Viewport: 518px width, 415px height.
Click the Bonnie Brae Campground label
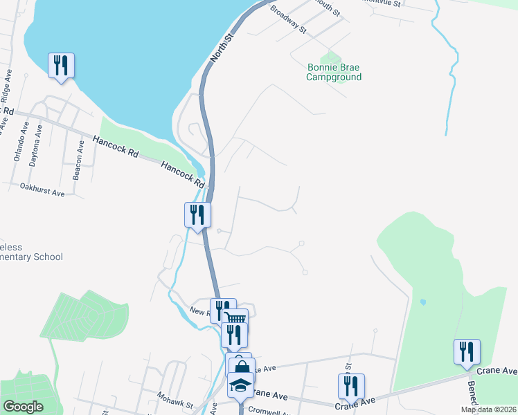click(334, 72)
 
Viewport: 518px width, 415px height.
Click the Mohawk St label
click(174, 400)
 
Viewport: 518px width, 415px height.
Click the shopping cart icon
click(235, 320)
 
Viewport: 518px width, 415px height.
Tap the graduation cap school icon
click(240, 385)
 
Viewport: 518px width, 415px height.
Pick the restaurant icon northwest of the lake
click(61, 65)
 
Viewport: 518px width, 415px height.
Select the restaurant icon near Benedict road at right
click(467, 351)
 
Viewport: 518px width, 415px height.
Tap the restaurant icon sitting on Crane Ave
click(351, 385)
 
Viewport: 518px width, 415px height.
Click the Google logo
click(23, 407)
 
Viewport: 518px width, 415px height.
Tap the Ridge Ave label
click(8, 88)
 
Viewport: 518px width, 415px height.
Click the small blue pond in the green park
click(422, 302)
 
